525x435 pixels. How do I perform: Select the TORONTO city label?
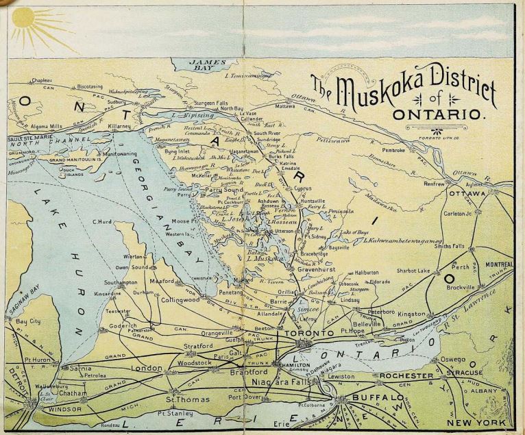(306, 334)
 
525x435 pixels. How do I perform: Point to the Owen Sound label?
(132, 267)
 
